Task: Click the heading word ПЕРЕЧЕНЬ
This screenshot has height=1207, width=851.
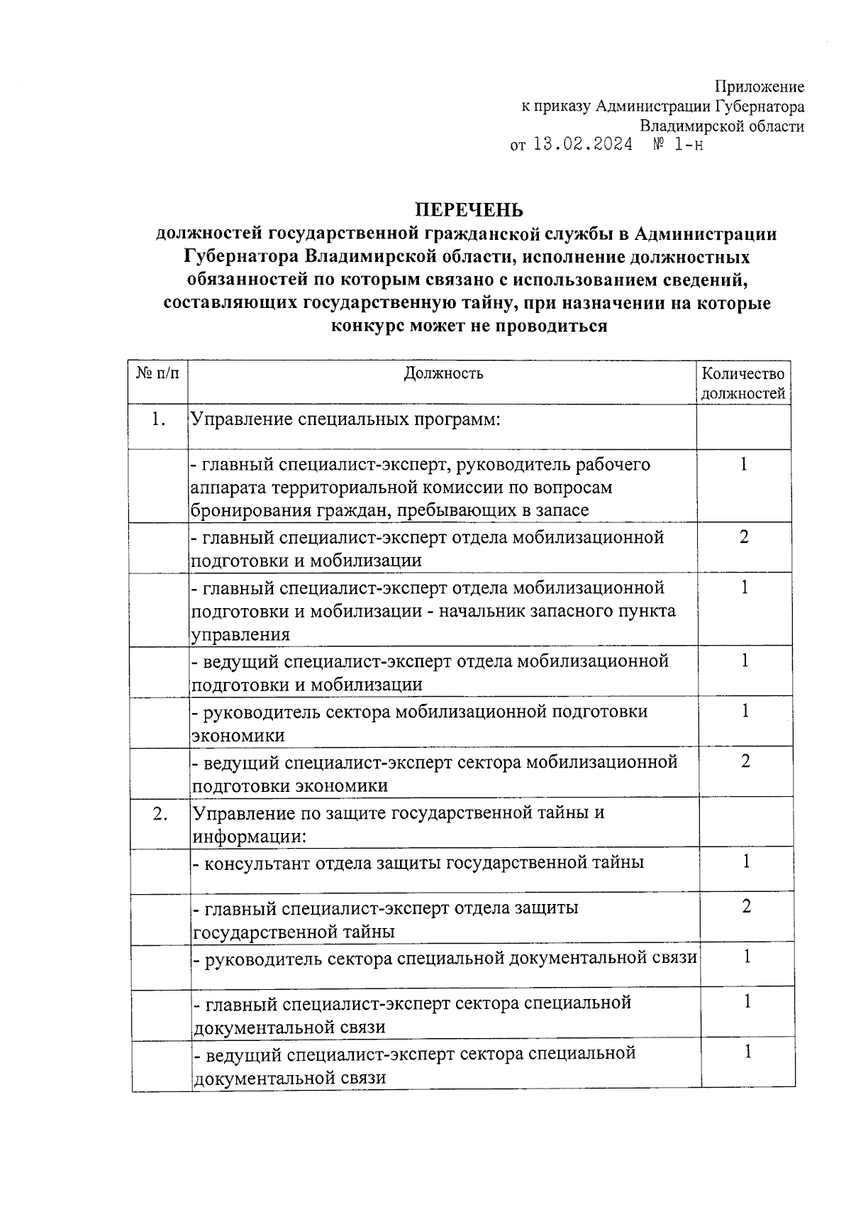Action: pos(469,210)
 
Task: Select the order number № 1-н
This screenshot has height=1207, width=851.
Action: pos(678,145)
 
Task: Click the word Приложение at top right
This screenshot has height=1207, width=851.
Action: pos(759,87)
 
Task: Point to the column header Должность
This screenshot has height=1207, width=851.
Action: pos(443,373)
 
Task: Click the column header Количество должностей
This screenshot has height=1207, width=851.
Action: pos(742,383)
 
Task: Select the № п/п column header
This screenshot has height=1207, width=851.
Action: pos(157,373)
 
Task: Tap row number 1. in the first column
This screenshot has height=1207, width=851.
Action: pos(158,419)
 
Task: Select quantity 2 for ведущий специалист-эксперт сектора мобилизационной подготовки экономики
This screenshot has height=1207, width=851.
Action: pos(745,761)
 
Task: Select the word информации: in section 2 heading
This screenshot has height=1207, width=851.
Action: pos(249,837)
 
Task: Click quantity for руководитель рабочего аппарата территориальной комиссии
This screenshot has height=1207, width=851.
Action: pos(744,465)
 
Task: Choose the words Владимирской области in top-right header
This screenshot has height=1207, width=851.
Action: pos(722,126)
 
